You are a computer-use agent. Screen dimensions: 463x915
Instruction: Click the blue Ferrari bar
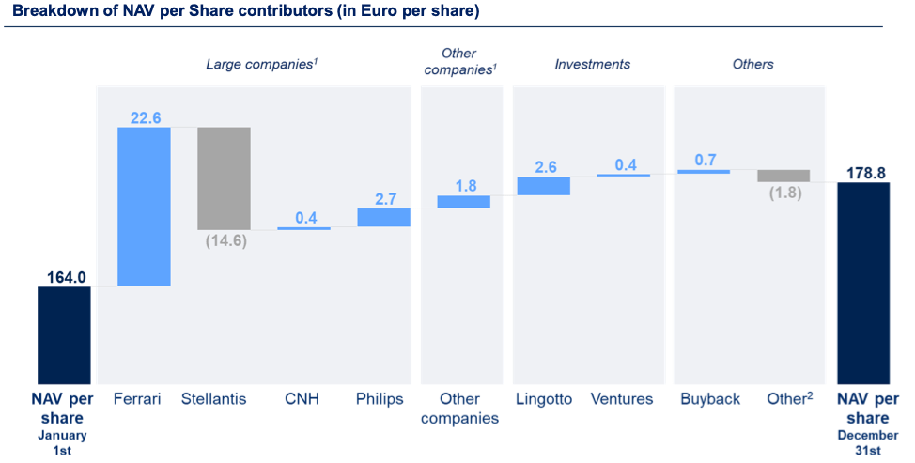pyautogui.click(x=144, y=206)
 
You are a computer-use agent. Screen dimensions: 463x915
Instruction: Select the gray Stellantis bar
pyautogui.click(x=224, y=177)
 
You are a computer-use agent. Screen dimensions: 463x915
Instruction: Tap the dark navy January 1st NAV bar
pyautogui.click(x=64, y=333)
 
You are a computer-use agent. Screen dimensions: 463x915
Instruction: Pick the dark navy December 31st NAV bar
pyautogui.click(x=862, y=281)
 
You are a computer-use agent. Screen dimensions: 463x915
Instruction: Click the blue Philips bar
pyautogui.click(x=383, y=217)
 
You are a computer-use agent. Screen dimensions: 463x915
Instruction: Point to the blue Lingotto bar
pyautogui.click(x=543, y=186)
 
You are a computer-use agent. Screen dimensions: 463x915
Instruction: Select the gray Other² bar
pyautogui.click(x=783, y=176)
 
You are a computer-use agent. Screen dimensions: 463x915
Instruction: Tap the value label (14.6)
pyautogui.click(x=224, y=241)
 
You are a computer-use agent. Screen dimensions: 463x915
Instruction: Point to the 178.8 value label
pyautogui.click(x=862, y=171)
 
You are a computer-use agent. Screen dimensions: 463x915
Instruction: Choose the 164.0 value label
pyautogui.click(x=65, y=276)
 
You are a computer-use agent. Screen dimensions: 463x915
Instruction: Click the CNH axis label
pyautogui.click(x=302, y=399)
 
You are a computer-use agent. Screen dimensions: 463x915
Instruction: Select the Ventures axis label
pyautogui.click(x=622, y=399)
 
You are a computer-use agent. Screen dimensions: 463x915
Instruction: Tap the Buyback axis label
pyautogui.click(x=710, y=399)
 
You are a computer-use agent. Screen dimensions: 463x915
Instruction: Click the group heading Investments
pyautogui.click(x=592, y=65)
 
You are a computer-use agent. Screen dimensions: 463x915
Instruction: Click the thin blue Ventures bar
pyautogui.click(x=623, y=176)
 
